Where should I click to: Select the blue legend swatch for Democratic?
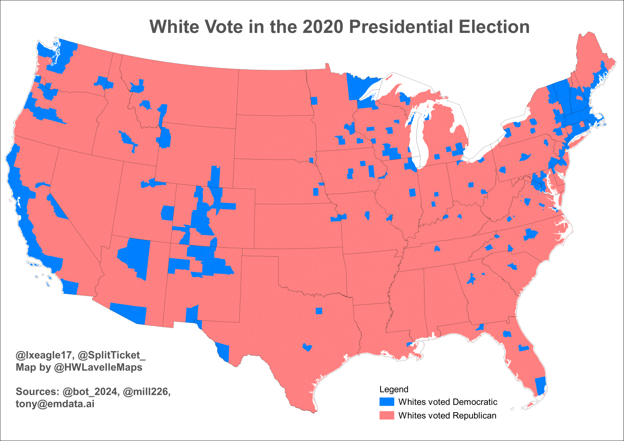pyautogui.click(x=386, y=402)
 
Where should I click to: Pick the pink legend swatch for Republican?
pyautogui.click(x=386, y=415)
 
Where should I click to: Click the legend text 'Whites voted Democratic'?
pyautogui.click(x=448, y=402)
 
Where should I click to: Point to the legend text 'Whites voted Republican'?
pyautogui.click(x=447, y=415)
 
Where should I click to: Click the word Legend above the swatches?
pyautogui.click(x=394, y=389)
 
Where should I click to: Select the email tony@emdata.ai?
pyautogui.click(x=55, y=404)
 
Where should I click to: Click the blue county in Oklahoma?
pyautogui.click(x=318, y=311)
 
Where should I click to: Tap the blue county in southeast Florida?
pyautogui.click(x=540, y=386)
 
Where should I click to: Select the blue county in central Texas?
pyautogui.click(x=308, y=347)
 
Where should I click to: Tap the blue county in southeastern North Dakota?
pyautogui.click(x=314, y=101)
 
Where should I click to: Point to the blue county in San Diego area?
pyautogui.click(x=70, y=288)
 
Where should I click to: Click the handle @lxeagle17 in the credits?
pyautogui.click(x=44, y=355)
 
